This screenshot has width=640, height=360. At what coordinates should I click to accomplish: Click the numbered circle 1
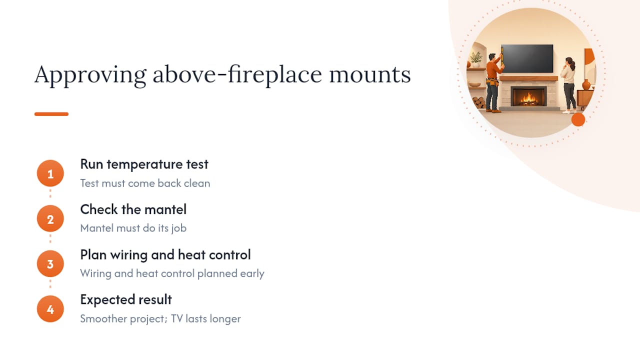click(x=50, y=173)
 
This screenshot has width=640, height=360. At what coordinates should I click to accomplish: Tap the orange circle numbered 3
click(x=50, y=263)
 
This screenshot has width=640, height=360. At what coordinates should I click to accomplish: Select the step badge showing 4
click(x=50, y=309)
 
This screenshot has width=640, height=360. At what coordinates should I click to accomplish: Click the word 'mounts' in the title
click(x=370, y=75)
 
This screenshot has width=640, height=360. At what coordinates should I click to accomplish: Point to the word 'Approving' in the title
click(x=90, y=75)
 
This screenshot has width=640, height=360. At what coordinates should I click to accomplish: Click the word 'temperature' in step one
click(x=144, y=165)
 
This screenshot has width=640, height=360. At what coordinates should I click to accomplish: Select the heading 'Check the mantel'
click(x=133, y=209)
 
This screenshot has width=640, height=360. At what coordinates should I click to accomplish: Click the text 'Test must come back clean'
click(x=145, y=183)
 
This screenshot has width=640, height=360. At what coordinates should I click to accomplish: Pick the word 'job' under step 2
click(x=179, y=228)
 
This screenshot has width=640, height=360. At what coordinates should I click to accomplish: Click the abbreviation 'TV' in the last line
click(x=177, y=318)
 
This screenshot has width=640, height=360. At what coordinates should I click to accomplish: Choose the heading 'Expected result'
click(x=126, y=299)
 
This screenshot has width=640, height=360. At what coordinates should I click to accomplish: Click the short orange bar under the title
click(x=51, y=114)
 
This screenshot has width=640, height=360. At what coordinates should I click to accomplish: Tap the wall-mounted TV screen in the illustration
click(x=527, y=58)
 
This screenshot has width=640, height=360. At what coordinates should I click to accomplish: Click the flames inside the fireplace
click(x=528, y=98)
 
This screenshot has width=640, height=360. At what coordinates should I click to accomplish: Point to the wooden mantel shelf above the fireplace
click(x=529, y=78)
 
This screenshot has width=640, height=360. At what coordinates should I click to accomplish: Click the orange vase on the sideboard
click(x=586, y=85)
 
